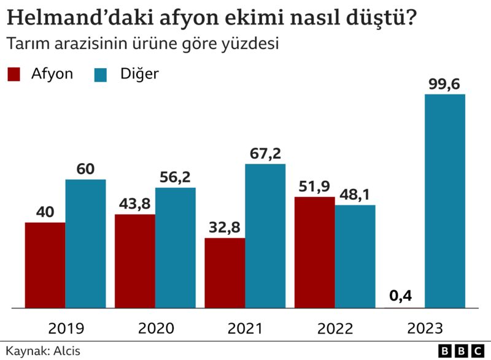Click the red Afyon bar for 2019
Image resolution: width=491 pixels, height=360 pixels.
coord(45,264)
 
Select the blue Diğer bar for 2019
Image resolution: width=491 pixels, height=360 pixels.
coord(85,243)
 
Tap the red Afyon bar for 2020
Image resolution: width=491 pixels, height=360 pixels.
coord(134,261)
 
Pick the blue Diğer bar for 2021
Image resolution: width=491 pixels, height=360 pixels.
coord(265,236)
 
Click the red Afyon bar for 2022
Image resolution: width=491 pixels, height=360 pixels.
coord(314,252)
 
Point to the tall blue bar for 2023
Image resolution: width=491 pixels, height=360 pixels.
coord(444,201)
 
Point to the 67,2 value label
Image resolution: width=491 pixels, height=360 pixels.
coord(265,153)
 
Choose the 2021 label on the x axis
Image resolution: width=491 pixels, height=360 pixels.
coord(245,328)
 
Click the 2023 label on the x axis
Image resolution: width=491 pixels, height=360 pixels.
coord(425,328)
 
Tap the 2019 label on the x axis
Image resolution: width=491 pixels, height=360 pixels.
coord(66,328)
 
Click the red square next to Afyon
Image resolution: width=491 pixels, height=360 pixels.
coord(15,74)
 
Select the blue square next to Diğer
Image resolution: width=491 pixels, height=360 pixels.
coord(101,74)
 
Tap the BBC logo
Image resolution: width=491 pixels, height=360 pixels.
coord(461,351)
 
